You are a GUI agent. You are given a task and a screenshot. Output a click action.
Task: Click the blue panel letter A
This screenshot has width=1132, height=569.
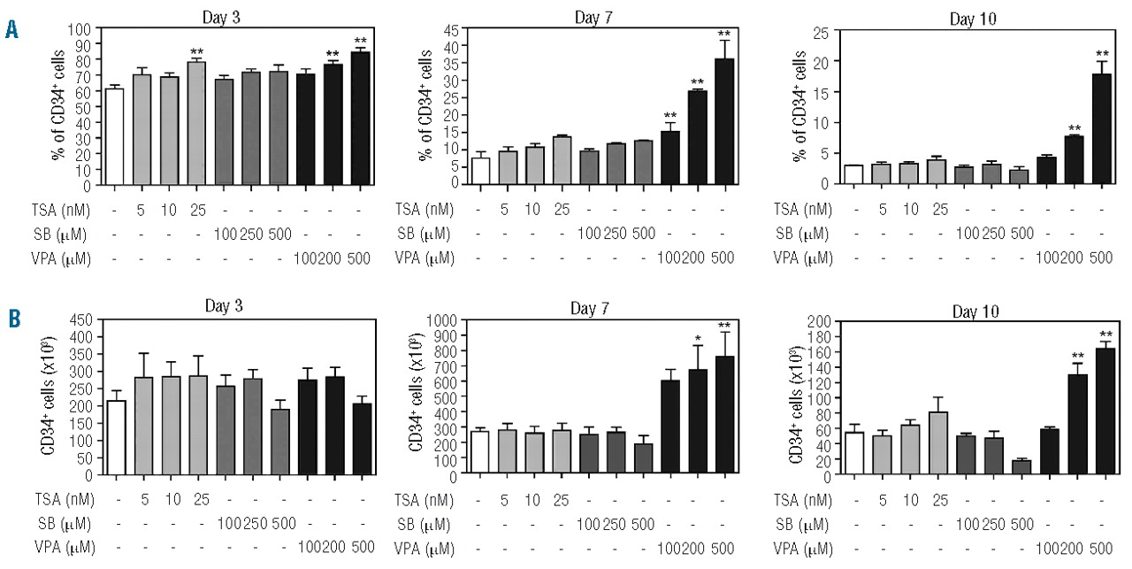click(11, 30)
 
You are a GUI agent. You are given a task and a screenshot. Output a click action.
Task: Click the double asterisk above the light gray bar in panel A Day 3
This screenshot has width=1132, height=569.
click(197, 51)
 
